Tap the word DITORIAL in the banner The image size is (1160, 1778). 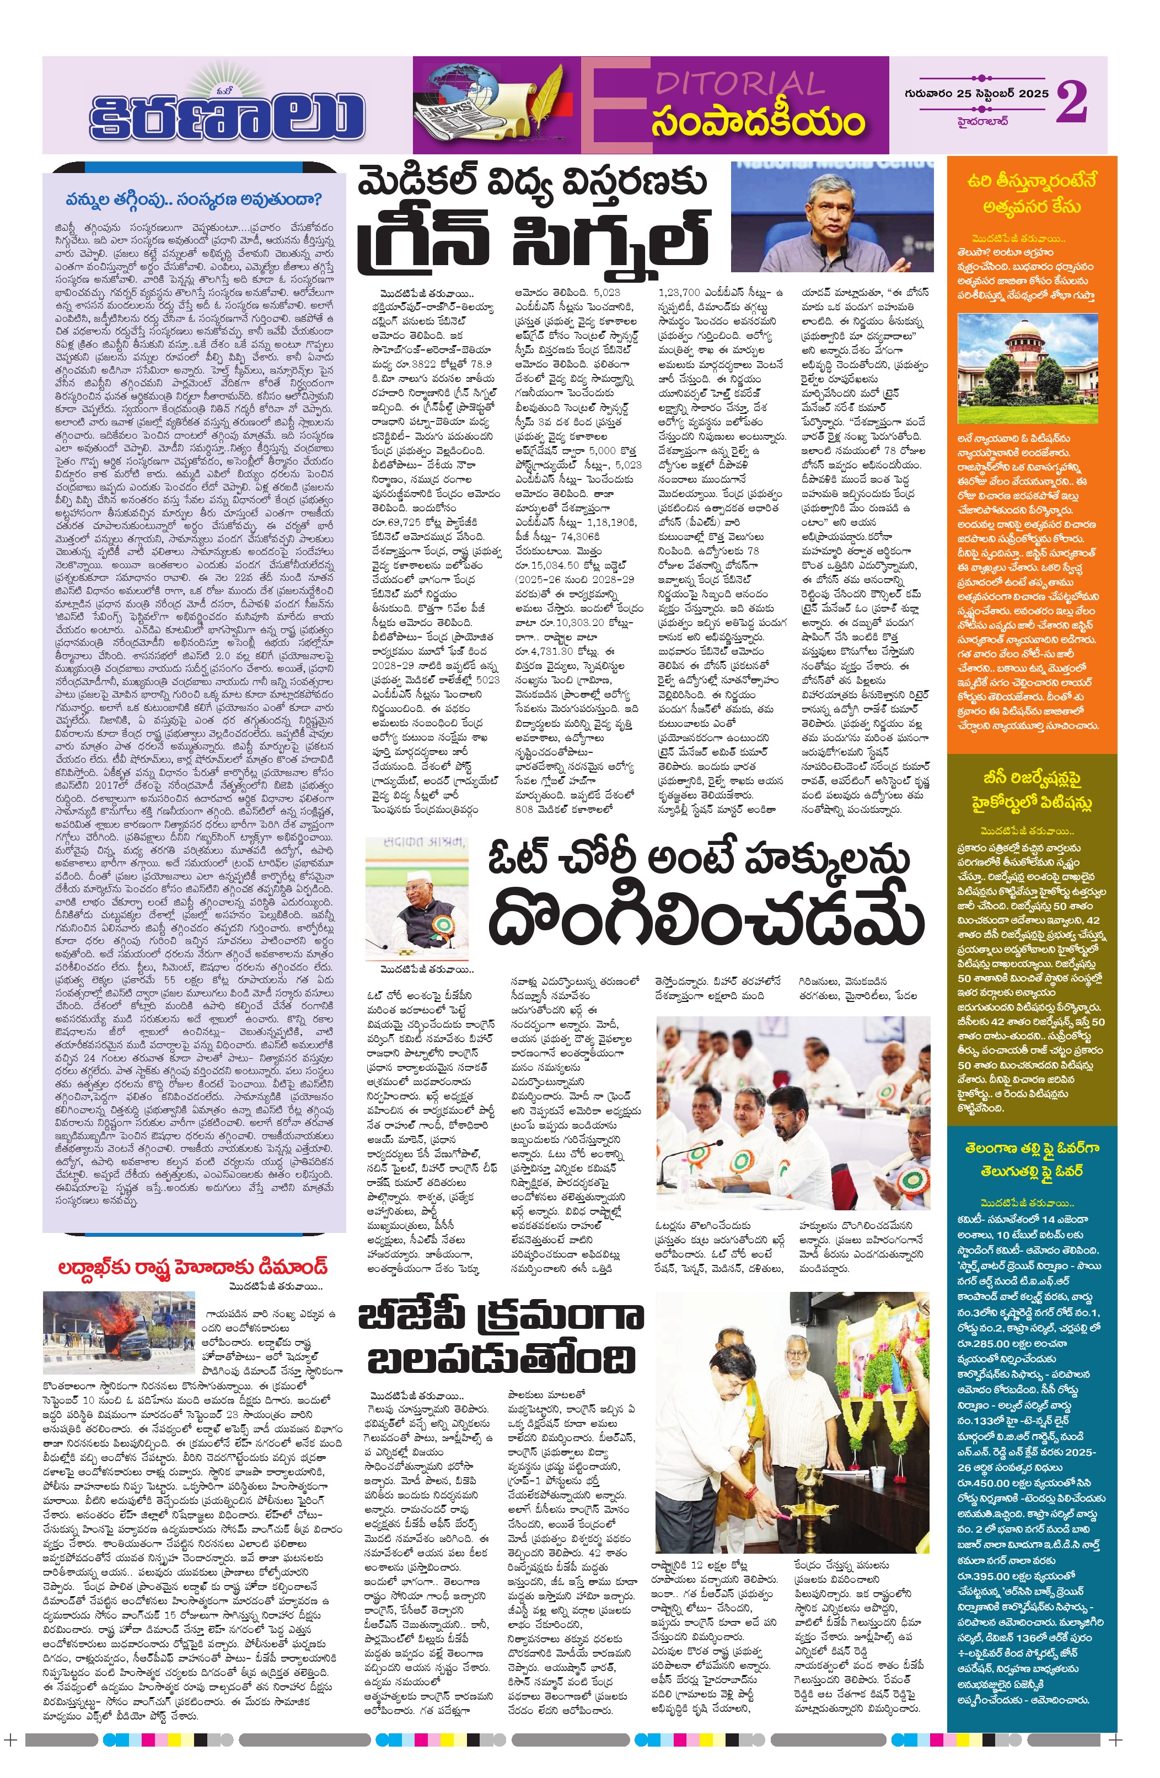[x=739, y=83]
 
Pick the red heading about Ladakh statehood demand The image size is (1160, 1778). [x=194, y=1268]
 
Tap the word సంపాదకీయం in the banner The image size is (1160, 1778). [x=757, y=124]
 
